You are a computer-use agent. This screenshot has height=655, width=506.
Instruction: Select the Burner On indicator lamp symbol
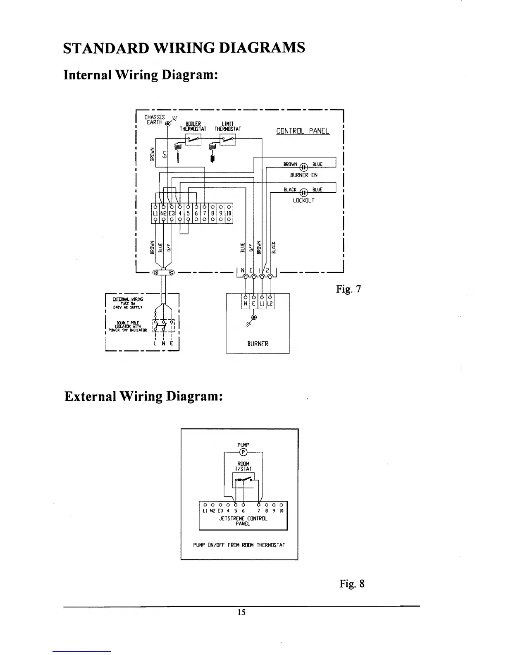(304, 167)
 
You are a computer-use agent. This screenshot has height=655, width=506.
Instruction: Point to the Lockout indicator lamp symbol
(304, 192)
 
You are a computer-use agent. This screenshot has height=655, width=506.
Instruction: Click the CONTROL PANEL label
(303, 131)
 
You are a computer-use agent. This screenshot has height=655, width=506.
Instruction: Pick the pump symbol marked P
(243, 451)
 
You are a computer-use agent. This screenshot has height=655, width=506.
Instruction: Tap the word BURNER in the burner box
(258, 344)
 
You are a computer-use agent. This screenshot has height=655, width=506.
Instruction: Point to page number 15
(242, 612)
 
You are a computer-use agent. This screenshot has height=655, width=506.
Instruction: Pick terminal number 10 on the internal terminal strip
(229, 213)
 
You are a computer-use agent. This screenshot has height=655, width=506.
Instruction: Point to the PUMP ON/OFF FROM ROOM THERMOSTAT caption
(239, 545)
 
